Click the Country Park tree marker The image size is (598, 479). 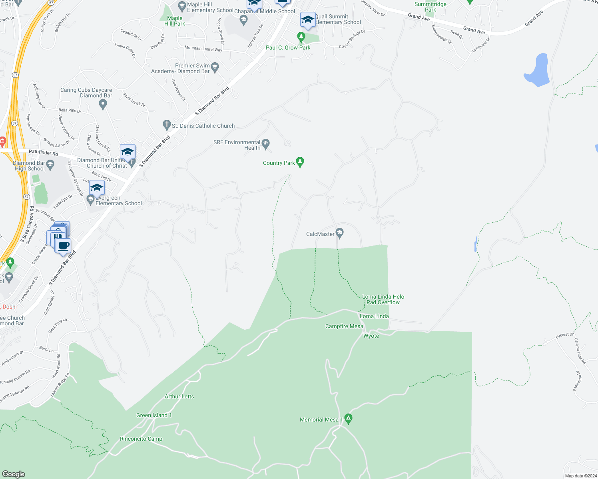coord(300,162)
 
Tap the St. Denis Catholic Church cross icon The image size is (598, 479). coord(167,125)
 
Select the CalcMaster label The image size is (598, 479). coord(320,234)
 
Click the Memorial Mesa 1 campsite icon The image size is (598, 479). coord(348,419)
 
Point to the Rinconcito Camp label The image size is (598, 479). coord(141,439)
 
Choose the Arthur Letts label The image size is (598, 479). coord(179,396)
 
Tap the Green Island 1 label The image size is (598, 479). coord(154,415)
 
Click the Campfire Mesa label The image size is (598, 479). coord(344,326)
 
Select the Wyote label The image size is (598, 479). coord(371,336)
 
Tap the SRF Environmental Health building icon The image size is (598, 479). coord(266,143)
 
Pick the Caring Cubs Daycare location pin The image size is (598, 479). coord(103,104)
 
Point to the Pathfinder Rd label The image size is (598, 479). coord(43,152)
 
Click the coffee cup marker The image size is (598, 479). coord(63,245)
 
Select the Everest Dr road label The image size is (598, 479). coord(564,335)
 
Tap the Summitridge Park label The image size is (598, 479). coord(430,7)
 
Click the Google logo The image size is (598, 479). coord(13,474)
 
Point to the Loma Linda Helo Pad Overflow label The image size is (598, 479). coord(383,299)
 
